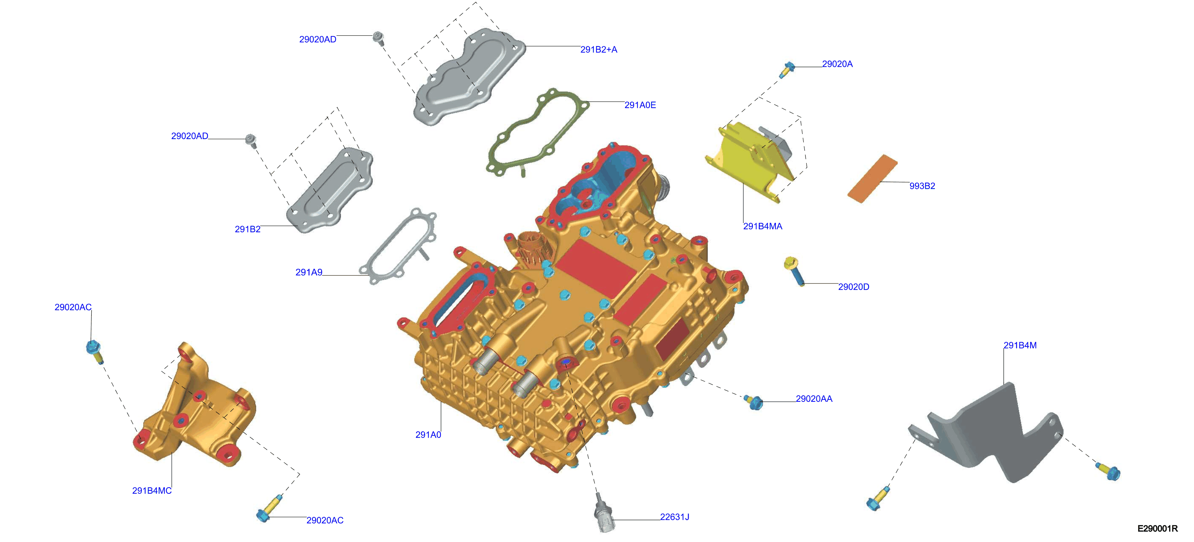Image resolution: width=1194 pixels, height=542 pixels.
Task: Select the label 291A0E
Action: pyautogui.click(x=640, y=105)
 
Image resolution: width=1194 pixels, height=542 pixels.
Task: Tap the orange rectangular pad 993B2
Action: pyautogui.click(x=872, y=179)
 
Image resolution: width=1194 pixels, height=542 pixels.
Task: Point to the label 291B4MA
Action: pyautogui.click(x=762, y=226)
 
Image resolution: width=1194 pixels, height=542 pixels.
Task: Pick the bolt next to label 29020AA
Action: pyautogui.click(x=754, y=402)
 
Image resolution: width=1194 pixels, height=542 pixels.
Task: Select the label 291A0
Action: pyautogui.click(x=428, y=435)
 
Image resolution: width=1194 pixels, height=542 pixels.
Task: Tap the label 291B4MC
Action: pyautogui.click(x=152, y=491)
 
